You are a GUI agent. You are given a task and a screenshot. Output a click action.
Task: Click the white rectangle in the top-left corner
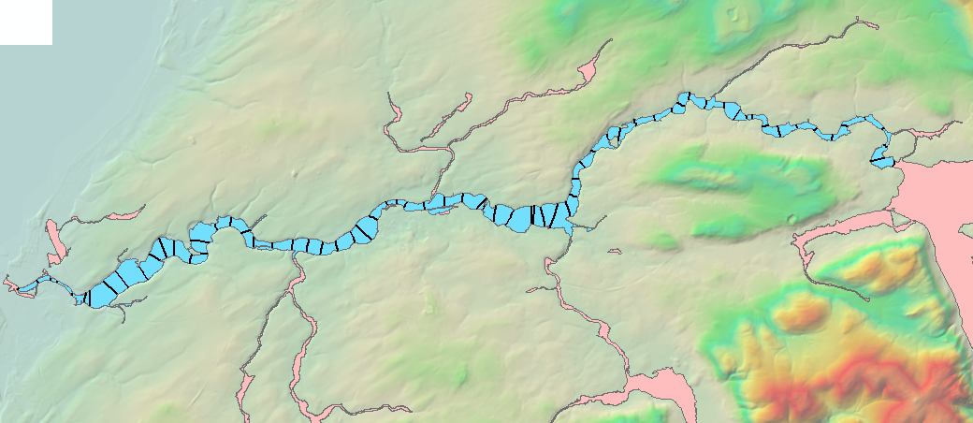(x=25, y=22)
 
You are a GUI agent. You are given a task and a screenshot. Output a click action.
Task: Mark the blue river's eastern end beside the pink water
(x=883, y=161)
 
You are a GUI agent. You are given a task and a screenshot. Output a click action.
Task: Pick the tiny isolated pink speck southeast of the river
(x=616, y=251)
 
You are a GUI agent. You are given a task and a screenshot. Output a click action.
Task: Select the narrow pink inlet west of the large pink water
(x=842, y=229)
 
